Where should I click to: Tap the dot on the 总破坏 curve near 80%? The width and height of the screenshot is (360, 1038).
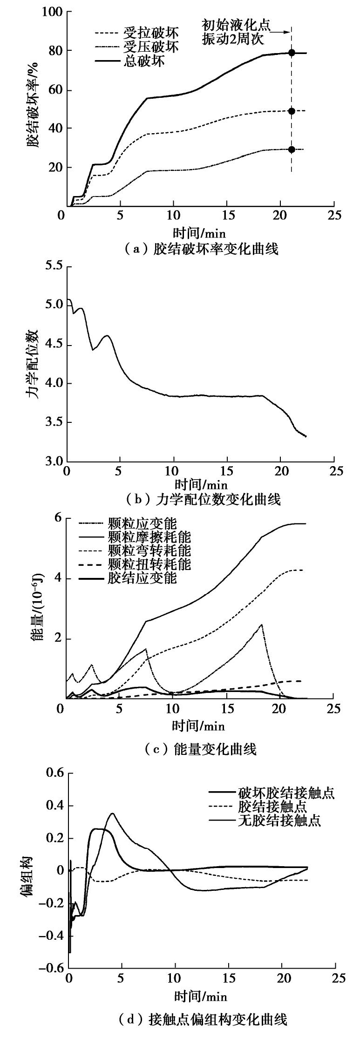[x=292, y=53]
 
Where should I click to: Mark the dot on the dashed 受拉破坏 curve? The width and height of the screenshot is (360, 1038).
[x=292, y=111]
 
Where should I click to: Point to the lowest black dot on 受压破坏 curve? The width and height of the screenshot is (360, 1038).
[x=292, y=149]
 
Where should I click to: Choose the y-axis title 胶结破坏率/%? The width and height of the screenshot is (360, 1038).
[x=34, y=110]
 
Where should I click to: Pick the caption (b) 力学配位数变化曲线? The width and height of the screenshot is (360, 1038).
[x=201, y=500]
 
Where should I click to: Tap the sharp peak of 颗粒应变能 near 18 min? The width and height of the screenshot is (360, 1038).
[x=262, y=624]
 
